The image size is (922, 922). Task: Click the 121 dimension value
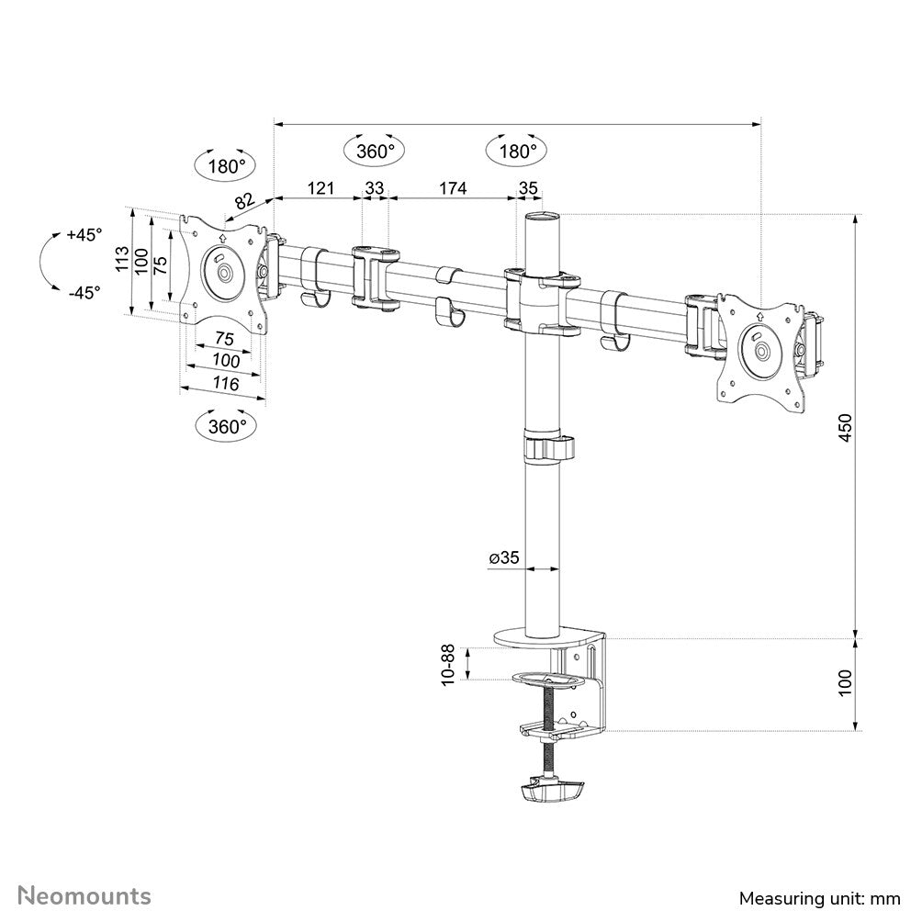[x=319, y=188]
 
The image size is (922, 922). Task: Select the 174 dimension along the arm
[x=452, y=188]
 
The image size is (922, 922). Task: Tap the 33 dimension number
[x=375, y=188]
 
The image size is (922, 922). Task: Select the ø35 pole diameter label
[x=504, y=557]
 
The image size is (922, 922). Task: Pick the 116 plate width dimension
[x=222, y=384]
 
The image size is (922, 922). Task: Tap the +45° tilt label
[x=84, y=235]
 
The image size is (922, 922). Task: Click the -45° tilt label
[x=84, y=293]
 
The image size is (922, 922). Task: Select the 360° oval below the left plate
[x=227, y=426]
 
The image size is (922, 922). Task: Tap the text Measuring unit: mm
[x=818, y=896]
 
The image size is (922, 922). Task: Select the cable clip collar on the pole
[x=548, y=449]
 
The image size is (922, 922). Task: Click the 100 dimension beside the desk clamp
[x=845, y=682]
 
